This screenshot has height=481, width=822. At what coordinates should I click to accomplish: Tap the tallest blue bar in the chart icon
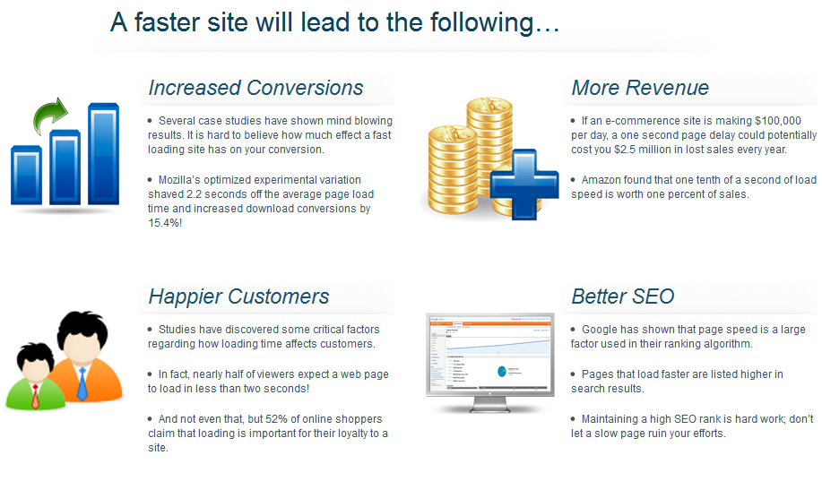[103, 153]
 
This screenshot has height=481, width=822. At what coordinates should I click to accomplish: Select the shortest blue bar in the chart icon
[26, 175]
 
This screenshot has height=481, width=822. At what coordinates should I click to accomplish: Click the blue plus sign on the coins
[524, 184]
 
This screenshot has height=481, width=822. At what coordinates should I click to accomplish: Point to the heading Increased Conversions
[255, 88]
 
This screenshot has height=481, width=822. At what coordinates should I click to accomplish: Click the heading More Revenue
[640, 88]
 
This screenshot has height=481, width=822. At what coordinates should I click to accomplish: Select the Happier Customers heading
[238, 296]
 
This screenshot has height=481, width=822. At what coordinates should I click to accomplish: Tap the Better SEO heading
[623, 296]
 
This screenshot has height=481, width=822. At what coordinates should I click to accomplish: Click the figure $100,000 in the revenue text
[778, 121]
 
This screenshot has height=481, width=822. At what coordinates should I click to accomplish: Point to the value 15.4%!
[165, 223]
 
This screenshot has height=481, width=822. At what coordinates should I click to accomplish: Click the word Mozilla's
[179, 180]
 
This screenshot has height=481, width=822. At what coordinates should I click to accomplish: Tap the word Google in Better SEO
[599, 330]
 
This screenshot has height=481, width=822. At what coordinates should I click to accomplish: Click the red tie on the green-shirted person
[35, 397]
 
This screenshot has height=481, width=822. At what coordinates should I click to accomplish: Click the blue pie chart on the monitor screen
[502, 372]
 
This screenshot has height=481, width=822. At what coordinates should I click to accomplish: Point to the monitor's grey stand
[490, 405]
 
